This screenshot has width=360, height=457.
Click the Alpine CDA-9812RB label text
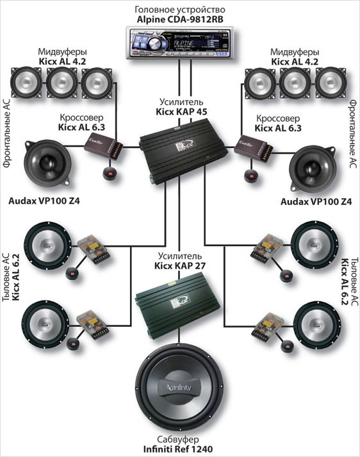(x=180, y=19)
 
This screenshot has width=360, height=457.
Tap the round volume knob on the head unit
(x=153, y=44)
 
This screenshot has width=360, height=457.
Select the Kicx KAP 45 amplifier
(x=183, y=151)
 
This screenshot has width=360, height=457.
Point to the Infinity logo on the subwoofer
(x=179, y=387)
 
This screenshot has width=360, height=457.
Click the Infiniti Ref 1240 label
(x=178, y=449)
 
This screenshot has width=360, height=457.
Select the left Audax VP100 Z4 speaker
(x=47, y=163)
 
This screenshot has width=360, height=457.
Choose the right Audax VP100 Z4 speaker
(x=313, y=167)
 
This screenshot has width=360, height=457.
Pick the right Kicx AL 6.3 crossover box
(x=253, y=148)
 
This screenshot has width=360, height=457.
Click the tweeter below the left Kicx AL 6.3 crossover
(x=110, y=174)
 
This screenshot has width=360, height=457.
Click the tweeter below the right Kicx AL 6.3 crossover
(x=250, y=176)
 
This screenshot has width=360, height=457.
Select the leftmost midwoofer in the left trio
(x=26, y=83)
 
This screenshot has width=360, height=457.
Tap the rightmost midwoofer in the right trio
(x=331, y=83)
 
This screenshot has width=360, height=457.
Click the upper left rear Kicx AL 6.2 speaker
(x=47, y=245)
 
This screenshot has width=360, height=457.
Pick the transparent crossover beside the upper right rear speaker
(x=266, y=247)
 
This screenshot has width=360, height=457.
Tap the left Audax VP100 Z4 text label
(x=44, y=201)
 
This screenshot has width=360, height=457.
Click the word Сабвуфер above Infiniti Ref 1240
(x=178, y=439)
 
